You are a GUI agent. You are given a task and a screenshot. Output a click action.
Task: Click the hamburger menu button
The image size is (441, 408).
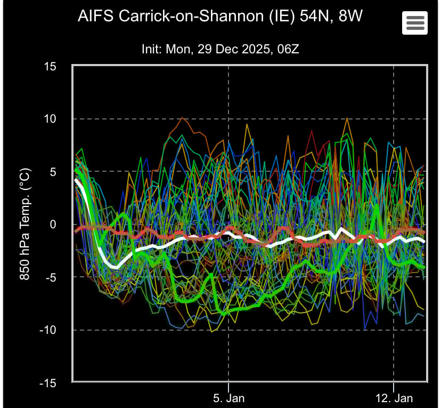[415, 22]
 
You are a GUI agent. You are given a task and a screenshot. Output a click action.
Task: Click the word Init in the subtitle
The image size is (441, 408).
[151, 49]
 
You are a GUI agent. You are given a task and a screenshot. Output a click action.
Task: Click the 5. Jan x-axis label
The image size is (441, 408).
[228, 398]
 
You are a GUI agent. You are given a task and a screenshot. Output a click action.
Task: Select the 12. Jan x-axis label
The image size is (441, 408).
[393, 398]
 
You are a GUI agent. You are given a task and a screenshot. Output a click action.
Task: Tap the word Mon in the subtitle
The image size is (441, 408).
[178, 49]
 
